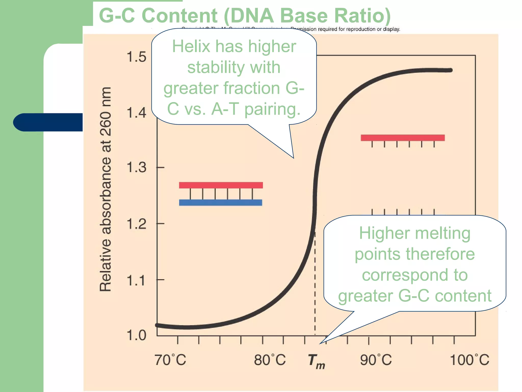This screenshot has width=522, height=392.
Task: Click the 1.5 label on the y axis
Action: tap(136, 57)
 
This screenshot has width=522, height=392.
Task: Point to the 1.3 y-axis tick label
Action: tap(136, 167)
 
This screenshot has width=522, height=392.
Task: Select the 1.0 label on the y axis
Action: tap(136, 335)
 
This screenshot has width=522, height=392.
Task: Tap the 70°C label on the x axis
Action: tap(170, 360)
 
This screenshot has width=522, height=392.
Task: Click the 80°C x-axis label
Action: tap(270, 360)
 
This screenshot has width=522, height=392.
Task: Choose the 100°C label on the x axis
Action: tap(469, 360)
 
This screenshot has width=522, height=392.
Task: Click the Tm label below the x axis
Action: tap(316, 361)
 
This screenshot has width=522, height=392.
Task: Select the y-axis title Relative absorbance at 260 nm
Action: tap(106, 189)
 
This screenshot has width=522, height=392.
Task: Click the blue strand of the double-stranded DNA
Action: tap(220, 203)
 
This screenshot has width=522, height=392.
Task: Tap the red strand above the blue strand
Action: tap(221, 185)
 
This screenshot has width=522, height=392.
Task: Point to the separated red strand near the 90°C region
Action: tap(402, 138)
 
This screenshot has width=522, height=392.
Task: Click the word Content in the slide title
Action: tap(179, 16)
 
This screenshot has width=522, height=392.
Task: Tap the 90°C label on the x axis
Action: tap(376, 360)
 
